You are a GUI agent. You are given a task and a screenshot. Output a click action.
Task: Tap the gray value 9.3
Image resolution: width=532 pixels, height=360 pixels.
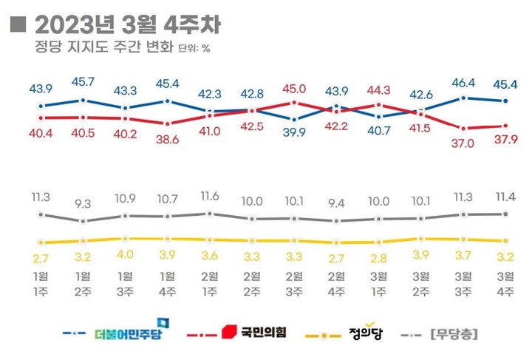(83, 201)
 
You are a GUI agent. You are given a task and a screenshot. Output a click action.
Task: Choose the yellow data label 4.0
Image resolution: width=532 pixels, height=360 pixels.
(126, 255)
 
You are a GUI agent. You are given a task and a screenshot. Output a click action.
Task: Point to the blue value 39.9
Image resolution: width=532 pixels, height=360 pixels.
(295, 132)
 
